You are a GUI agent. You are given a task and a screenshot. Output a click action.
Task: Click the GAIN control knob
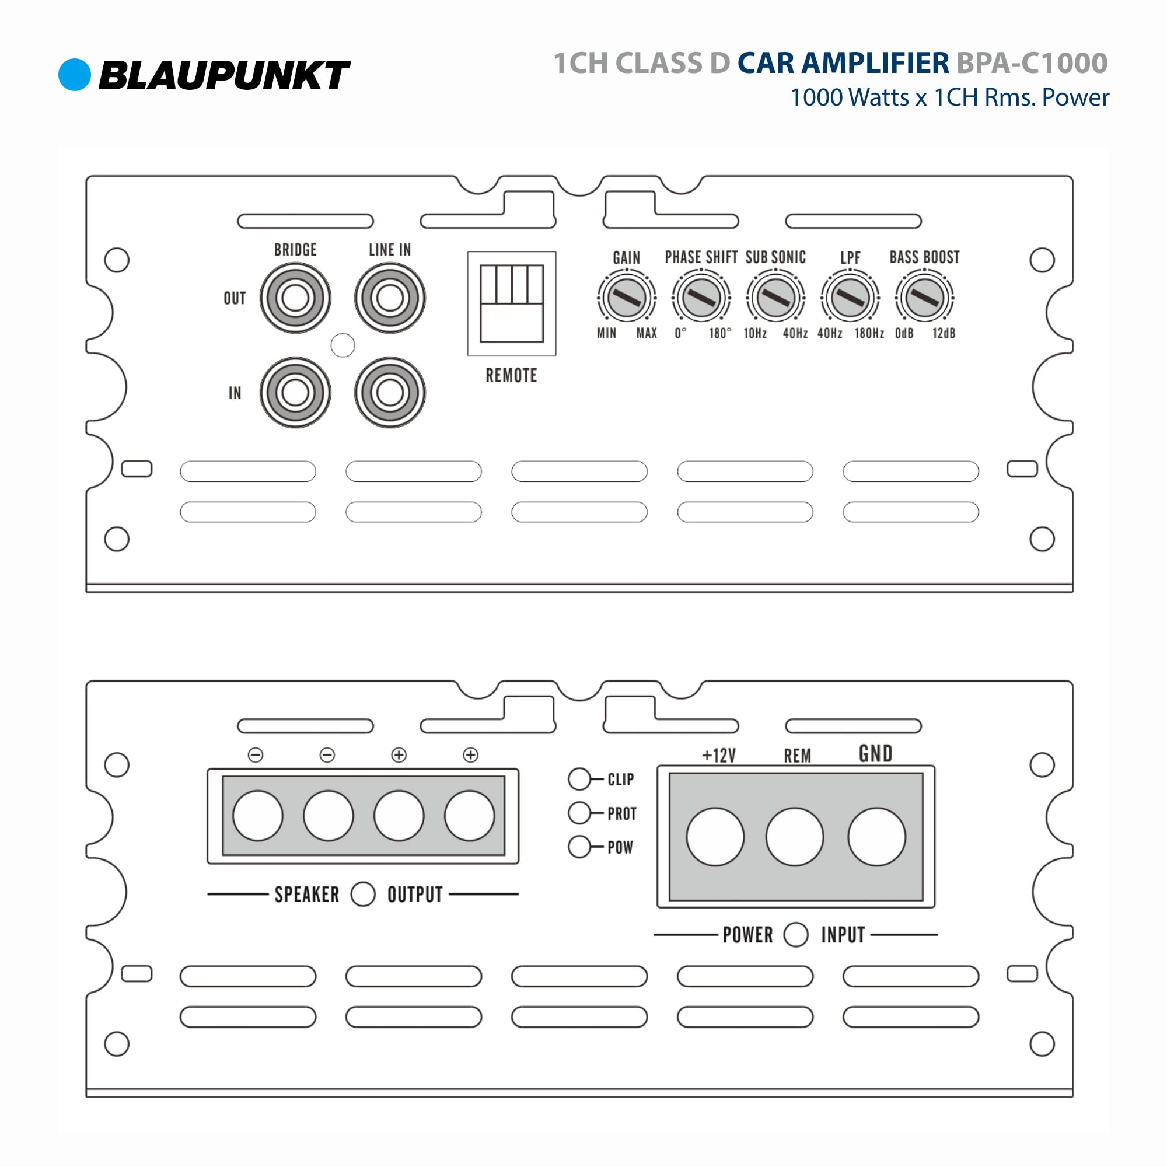[x=626, y=297]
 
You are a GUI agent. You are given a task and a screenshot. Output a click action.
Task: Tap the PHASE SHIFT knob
[x=701, y=297]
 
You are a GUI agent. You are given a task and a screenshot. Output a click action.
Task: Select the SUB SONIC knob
[x=775, y=297]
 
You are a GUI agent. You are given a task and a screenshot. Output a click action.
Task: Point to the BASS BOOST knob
[x=924, y=297]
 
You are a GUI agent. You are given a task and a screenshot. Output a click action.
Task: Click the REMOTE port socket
[x=512, y=303]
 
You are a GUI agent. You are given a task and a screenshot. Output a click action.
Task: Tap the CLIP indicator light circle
[x=579, y=779]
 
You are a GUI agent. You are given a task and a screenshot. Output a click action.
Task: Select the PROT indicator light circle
[x=579, y=813]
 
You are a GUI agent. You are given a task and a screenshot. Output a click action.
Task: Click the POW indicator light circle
[x=579, y=847]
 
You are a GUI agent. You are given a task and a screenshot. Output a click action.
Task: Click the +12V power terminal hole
[x=715, y=837]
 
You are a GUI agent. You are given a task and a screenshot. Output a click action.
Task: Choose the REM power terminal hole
[x=794, y=837]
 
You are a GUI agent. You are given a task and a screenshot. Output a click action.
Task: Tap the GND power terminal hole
[x=876, y=837]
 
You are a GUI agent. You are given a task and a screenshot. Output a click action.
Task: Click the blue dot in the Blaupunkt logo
[x=74, y=75]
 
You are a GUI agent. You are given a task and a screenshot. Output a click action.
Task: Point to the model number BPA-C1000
[x=1032, y=63]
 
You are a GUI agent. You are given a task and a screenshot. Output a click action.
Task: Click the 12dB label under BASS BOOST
[x=944, y=333]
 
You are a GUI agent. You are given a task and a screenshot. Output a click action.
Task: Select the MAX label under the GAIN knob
[x=647, y=333]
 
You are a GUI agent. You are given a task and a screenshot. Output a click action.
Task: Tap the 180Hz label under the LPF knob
[x=869, y=333]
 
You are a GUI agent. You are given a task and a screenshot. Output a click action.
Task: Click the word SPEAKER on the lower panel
[x=307, y=895]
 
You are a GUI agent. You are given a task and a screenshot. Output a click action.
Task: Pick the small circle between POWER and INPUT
[x=795, y=934]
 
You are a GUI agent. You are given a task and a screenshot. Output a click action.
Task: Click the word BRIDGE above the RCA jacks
[x=295, y=250]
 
